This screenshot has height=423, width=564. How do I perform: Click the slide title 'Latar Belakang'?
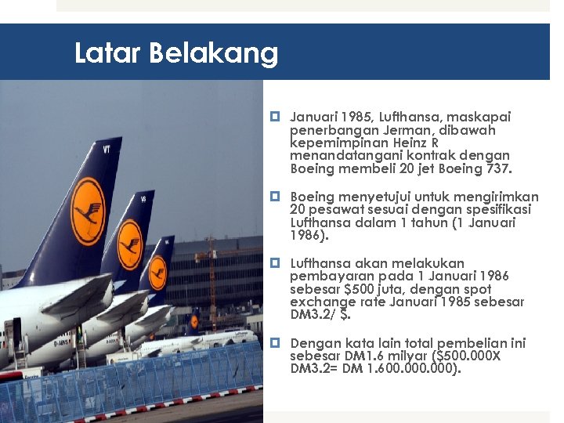(x=176, y=53)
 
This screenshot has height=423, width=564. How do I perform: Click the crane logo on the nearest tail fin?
(x=88, y=211)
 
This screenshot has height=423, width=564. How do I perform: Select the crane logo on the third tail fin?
(x=157, y=274)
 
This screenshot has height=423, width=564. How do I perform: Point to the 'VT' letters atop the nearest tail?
(x=106, y=148)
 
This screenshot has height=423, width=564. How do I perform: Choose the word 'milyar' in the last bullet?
(x=403, y=356)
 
